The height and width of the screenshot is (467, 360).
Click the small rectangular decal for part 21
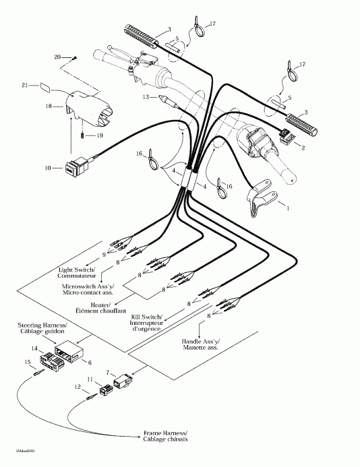(46, 86)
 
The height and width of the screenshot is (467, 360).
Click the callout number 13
(144, 97)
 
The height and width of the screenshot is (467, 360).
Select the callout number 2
(303, 147)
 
